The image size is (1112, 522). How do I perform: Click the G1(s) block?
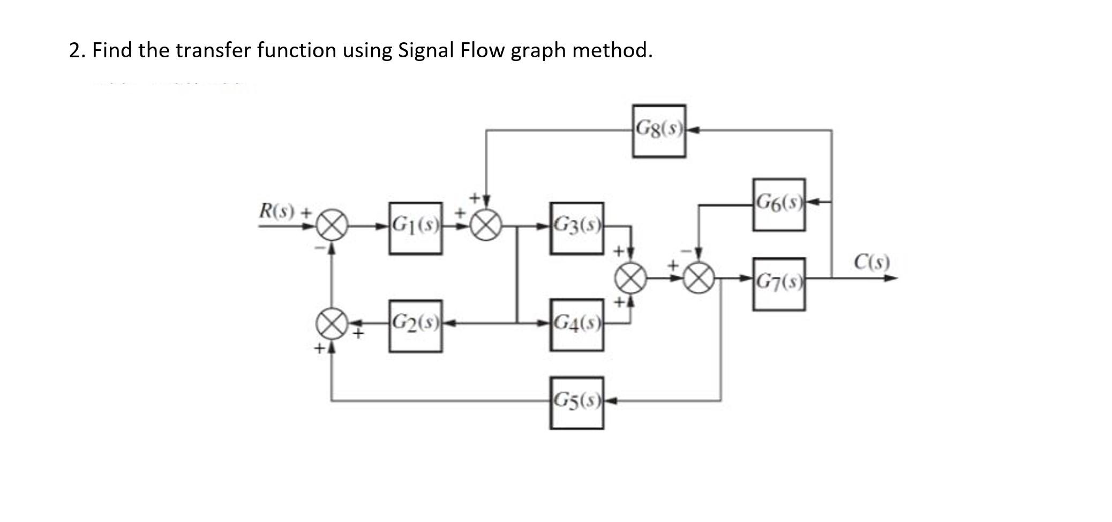tap(416, 228)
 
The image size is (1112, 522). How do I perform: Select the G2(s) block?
tap(416, 326)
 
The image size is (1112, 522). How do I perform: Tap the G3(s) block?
tap(576, 228)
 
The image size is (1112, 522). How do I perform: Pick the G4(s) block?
tap(576, 324)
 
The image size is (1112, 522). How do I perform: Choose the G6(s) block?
tap(778, 205)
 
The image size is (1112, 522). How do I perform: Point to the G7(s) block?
tap(778, 284)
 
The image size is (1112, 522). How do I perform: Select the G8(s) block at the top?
tap(658, 131)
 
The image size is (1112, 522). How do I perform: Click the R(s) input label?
tap(277, 210)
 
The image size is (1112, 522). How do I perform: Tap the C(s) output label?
tap(871, 262)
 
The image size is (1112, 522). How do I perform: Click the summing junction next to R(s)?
tap(332, 226)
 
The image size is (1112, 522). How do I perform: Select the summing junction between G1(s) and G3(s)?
tap(486, 226)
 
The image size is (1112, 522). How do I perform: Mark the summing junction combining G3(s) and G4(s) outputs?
tap(630, 278)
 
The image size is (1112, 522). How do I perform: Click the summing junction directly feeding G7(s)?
tap(700, 278)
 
